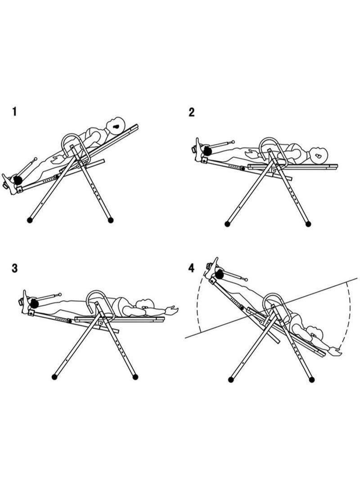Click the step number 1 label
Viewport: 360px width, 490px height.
pos(14,111)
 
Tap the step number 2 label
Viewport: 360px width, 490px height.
pos(191,112)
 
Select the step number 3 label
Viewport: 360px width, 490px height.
pos(15,268)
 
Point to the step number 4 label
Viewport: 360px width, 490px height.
pos(191,268)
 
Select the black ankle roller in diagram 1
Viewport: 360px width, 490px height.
pos(17,180)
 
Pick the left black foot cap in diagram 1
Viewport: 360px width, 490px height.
pos(30,220)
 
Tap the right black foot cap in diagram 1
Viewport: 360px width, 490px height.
pos(110,220)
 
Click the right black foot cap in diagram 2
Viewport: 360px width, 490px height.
pos(308,224)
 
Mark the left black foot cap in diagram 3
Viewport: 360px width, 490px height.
pos(54,377)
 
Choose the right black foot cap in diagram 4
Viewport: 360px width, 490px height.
pos(311,380)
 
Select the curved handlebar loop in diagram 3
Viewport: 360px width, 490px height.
pos(97,291)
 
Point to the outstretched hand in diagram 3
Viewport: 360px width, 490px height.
pos(172,310)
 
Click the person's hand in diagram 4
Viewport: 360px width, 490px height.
pos(335,351)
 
